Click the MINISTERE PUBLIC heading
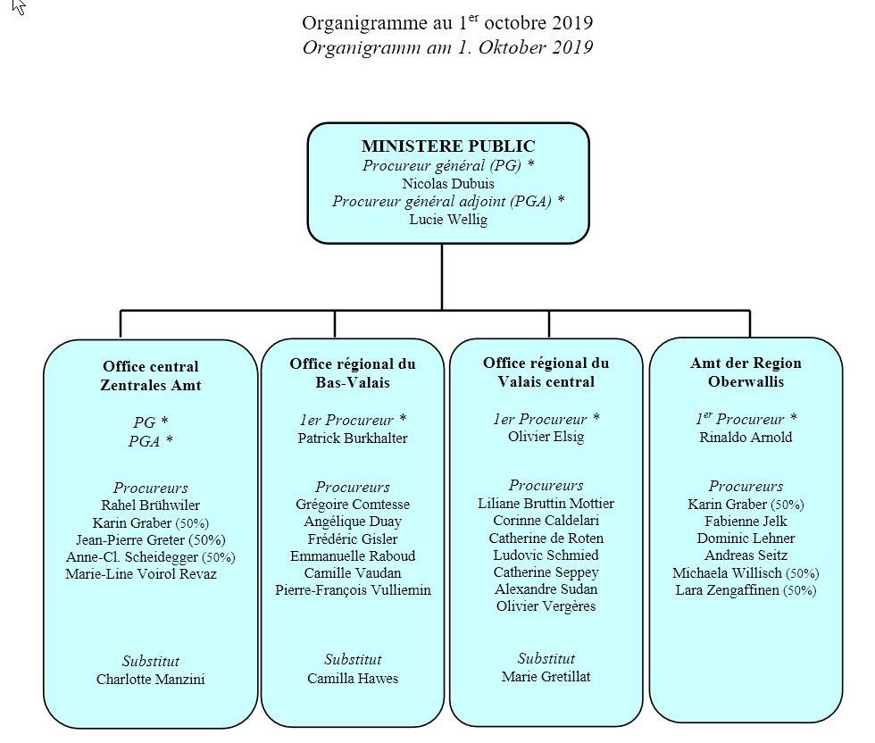click(448, 146)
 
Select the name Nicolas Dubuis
click(448, 184)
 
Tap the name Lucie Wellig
click(448, 220)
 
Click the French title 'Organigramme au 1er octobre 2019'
click(447, 22)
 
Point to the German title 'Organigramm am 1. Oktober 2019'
click(447, 47)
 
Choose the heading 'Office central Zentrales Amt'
click(151, 376)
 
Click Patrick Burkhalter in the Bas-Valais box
click(353, 438)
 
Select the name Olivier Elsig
click(546, 437)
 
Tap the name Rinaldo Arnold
click(746, 437)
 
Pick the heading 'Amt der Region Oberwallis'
click(746, 372)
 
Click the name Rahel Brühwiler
click(150, 505)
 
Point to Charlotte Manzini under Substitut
click(150, 680)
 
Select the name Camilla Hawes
click(353, 678)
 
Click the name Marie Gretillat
click(546, 677)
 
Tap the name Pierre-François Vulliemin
click(353, 590)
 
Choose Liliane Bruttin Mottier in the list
click(546, 504)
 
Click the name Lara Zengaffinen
click(727, 590)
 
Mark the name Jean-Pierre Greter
click(130, 540)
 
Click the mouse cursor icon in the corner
click(19, 7)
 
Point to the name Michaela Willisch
click(727, 573)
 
